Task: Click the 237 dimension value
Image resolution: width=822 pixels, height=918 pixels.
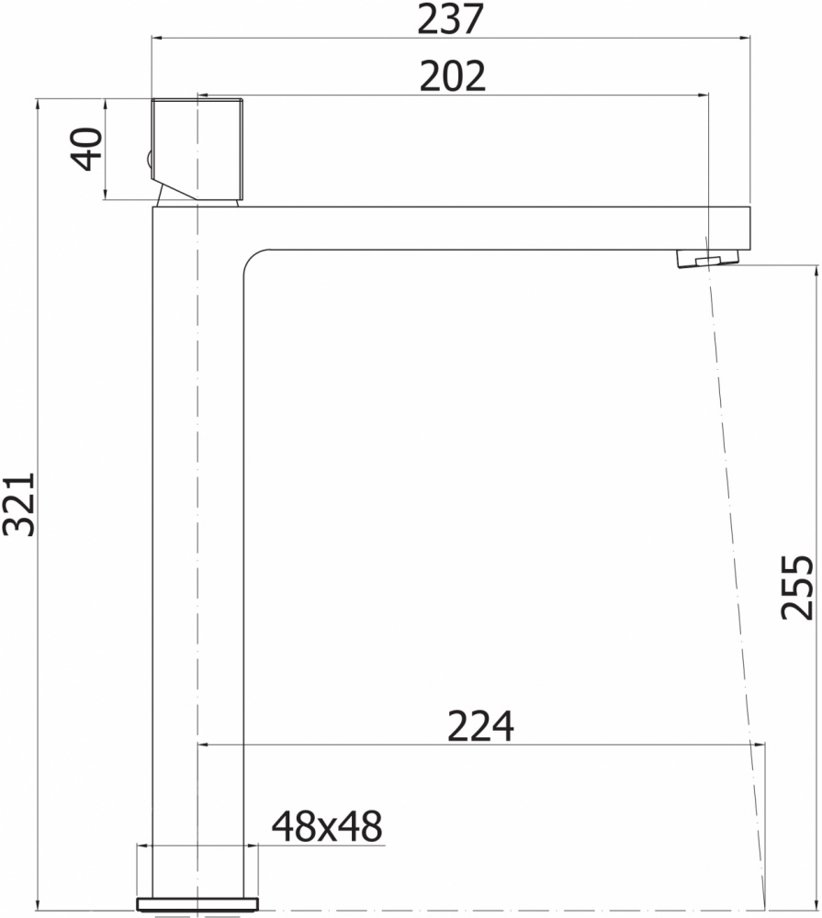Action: point(451,18)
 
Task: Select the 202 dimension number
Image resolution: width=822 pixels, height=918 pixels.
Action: point(452,75)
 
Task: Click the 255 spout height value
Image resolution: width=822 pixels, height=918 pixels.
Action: point(797,587)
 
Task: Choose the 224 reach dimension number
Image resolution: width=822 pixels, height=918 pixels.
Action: point(480,726)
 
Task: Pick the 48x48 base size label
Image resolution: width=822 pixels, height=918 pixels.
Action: point(327,826)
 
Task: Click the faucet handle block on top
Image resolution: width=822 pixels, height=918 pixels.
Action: point(197,149)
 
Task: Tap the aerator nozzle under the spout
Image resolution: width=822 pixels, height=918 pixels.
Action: point(708,259)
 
